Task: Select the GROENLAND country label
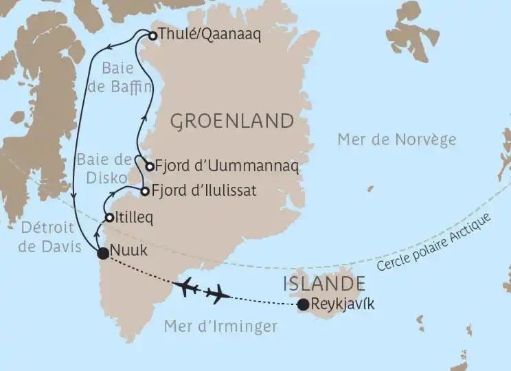point(231,122)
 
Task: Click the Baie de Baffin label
point(126,78)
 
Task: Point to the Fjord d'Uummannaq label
point(219,166)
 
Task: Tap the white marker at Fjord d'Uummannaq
point(149,166)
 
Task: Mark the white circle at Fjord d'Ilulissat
point(145,191)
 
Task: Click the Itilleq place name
point(136,218)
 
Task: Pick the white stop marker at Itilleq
point(109,218)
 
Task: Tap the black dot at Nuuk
point(103,254)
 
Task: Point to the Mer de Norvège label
point(396,139)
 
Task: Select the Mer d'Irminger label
point(220,326)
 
